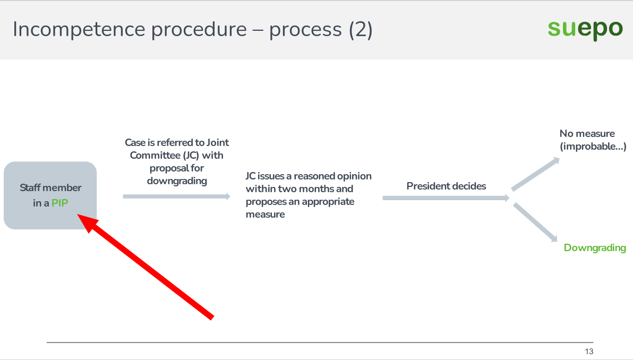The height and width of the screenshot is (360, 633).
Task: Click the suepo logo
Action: pyautogui.click(x=585, y=29)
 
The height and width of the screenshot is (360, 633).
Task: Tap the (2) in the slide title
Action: pyautogui.click(x=361, y=30)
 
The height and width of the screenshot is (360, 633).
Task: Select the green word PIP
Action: pyautogui.click(x=60, y=203)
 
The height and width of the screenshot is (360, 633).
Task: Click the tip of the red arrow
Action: pyautogui.click(x=77, y=215)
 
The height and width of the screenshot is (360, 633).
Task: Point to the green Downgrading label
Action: pyautogui.click(x=595, y=248)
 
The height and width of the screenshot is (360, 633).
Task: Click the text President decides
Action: pyautogui.click(x=446, y=186)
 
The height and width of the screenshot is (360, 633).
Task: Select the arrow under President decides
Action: pyautogui.click(x=446, y=198)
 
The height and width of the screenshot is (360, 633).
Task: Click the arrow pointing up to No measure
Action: pyautogui.click(x=536, y=174)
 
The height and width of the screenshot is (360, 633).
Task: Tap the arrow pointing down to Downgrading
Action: pyautogui.click(x=535, y=222)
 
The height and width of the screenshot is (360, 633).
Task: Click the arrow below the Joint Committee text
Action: pyautogui.click(x=176, y=196)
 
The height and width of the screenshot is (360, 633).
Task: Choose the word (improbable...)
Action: pyautogui.click(x=593, y=147)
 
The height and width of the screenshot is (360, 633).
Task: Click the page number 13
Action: pyautogui.click(x=589, y=352)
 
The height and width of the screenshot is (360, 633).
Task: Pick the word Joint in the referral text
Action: pyautogui.click(x=218, y=142)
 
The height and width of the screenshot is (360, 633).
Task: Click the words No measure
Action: pyautogui.click(x=587, y=134)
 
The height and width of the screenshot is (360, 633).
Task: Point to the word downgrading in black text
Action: pyautogui.click(x=177, y=181)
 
